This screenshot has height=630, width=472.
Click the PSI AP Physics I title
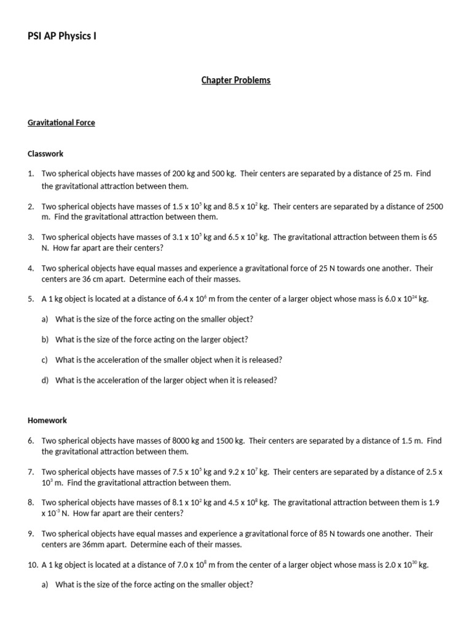[62, 36]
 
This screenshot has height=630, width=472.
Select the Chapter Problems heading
[236, 80]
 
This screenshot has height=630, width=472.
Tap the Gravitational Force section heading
[61, 122]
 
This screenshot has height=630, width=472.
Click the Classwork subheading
[45, 153]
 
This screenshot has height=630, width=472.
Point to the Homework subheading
[47, 420]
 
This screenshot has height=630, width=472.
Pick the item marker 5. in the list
[31, 299]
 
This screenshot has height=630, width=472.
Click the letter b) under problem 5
[45, 340]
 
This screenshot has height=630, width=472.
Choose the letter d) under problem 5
[45, 380]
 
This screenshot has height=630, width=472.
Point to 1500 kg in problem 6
[229, 441]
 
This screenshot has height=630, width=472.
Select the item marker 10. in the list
[33, 565]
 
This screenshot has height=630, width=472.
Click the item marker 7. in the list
[31, 472]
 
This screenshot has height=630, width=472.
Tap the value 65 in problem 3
[432, 237]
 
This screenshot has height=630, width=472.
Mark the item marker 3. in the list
[31, 237]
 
